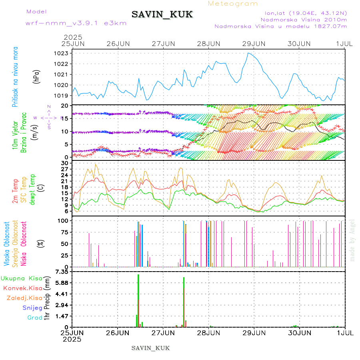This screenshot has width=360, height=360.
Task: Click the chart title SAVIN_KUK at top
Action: coord(162,15)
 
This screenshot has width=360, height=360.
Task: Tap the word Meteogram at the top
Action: coord(233,4)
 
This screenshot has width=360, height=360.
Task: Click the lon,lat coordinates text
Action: coord(303,13)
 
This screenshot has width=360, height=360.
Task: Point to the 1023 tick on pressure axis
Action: coord(63,53)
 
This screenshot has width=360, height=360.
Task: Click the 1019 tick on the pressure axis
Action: coord(63,96)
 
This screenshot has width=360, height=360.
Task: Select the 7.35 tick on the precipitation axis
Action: coord(62,272)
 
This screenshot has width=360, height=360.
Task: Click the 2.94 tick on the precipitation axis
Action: coord(62,305)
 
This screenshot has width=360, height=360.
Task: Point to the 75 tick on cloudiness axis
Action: coord(64,232)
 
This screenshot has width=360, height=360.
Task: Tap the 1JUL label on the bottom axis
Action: coord(345,332)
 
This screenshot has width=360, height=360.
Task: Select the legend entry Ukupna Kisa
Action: coord(21,278)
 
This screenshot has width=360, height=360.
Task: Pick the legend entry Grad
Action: coord(34,318)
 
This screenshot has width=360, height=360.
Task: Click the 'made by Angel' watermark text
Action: coord(352,240)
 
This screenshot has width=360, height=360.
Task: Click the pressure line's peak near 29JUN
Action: coord(248,53)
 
